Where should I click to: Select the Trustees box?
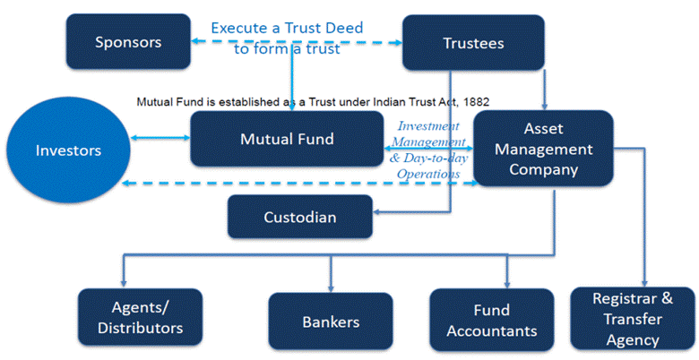(x=473, y=42)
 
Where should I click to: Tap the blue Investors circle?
(x=68, y=150)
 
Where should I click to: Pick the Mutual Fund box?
(x=287, y=139)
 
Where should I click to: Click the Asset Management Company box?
(x=544, y=149)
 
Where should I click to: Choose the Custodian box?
(x=300, y=217)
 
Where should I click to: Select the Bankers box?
(x=331, y=321)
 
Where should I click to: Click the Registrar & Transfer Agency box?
(x=633, y=318)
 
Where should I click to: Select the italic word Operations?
(x=428, y=174)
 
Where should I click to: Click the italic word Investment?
(x=428, y=126)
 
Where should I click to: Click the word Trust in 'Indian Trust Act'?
(x=403, y=101)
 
